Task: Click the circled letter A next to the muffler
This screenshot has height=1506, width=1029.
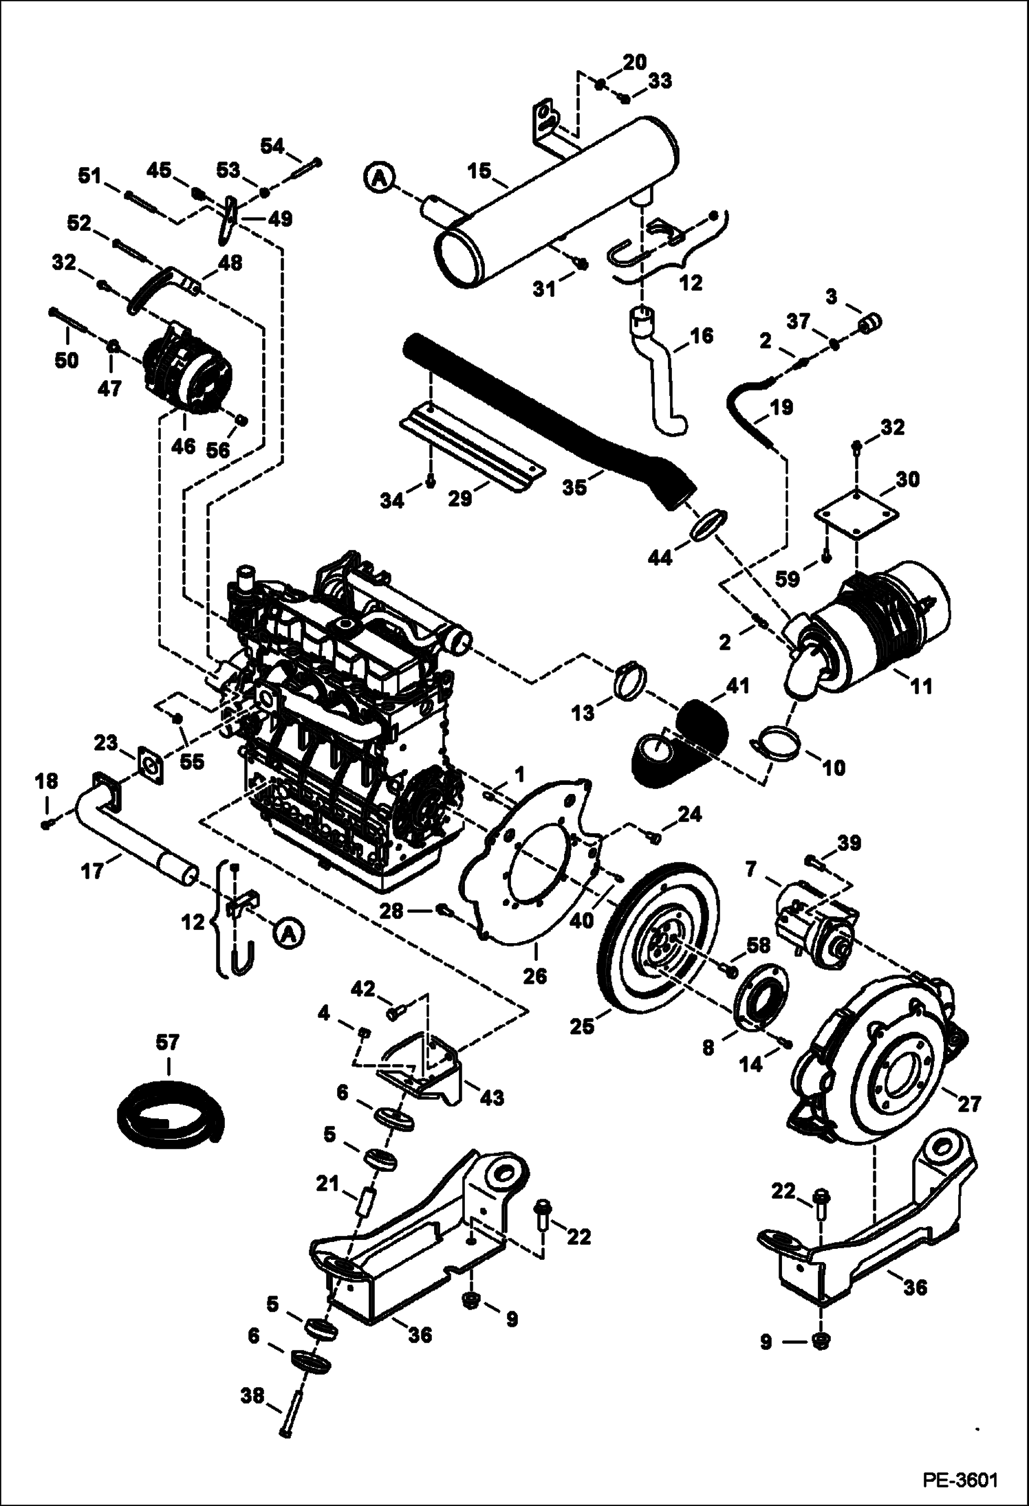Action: [x=378, y=179]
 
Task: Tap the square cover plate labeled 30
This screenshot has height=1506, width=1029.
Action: [x=855, y=513]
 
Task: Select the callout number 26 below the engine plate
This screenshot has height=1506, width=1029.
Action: [x=534, y=975]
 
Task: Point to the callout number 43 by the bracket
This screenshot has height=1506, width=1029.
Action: [x=492, y=1098]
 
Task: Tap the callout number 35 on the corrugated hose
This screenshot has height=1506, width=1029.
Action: [x=574, y=487]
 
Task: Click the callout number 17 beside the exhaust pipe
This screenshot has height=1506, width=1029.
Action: [x=93, y=872]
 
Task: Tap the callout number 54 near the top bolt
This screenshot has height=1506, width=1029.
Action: [x=272, y=146]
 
